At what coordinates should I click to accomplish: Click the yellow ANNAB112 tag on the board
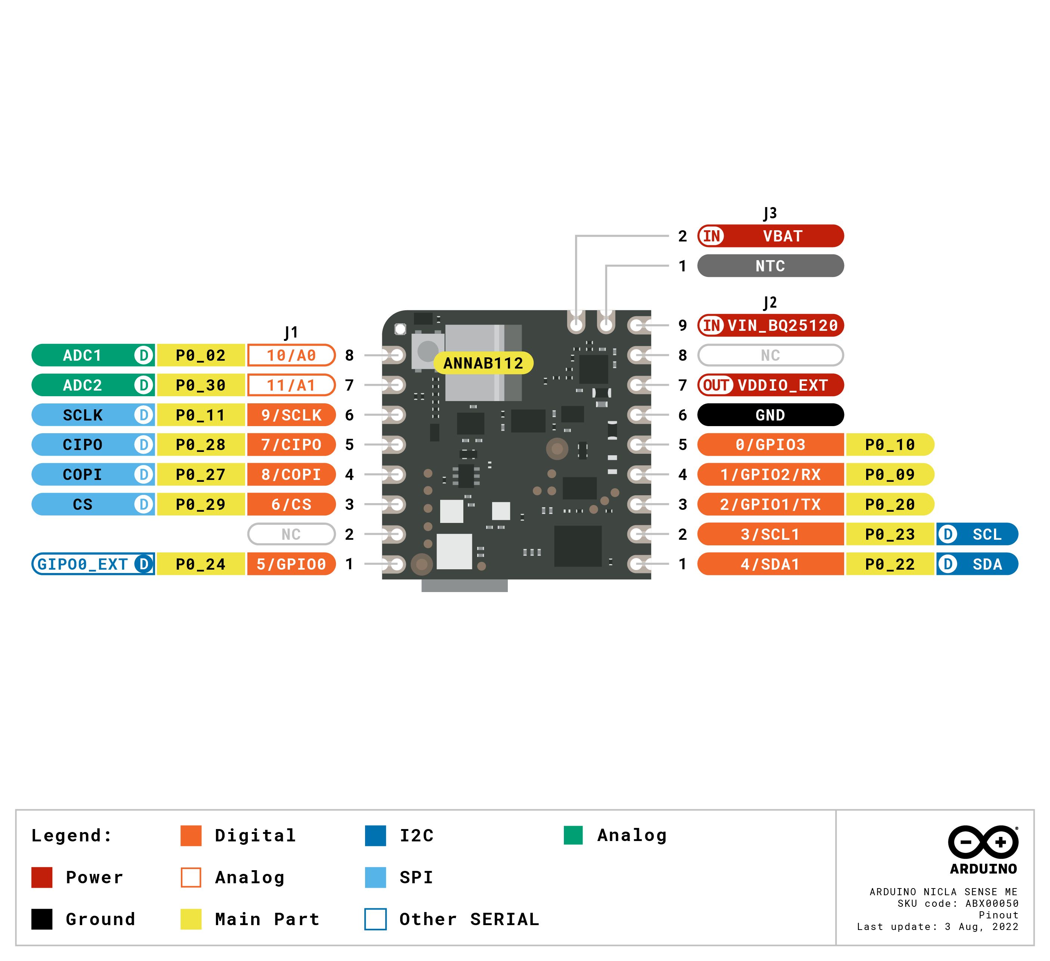point(483,363)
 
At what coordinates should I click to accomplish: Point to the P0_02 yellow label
point(201,355)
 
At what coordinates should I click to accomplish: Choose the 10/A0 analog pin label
point(291,355)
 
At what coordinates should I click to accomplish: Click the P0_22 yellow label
point(890,564)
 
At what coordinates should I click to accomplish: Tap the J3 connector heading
point(770,213)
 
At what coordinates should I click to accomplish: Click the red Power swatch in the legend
point(42,877)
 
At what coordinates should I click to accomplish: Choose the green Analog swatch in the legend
point(573,835)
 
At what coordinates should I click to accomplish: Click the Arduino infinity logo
point(983,842)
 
